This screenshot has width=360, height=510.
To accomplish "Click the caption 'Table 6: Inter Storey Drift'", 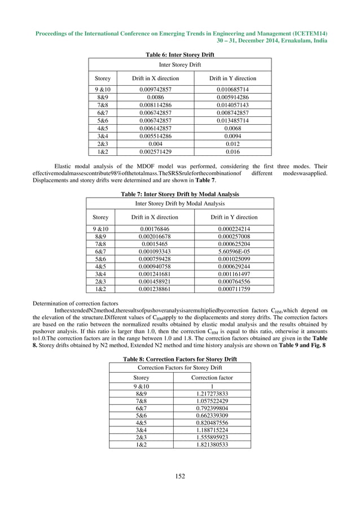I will click(x=180, y=54).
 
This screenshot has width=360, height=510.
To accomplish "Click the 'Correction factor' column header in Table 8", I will click(x=212, y=377).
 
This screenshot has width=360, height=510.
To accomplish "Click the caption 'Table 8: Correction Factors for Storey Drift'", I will click(x=180, y=359).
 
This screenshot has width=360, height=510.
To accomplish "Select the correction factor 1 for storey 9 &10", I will click(x=212, y=386).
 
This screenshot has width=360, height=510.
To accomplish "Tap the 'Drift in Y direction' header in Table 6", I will click(x=232, y=79).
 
